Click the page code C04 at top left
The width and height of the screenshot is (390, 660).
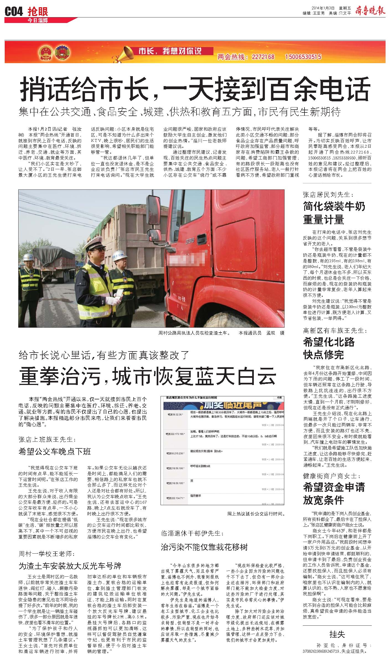(x=14, y=12)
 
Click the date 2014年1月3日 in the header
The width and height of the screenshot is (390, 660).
(x=323, y=8)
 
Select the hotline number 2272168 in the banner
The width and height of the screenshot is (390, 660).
(x=263, y=57)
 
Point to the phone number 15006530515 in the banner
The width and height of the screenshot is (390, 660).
(x=303, y=57)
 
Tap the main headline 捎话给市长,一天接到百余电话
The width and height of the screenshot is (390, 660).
(x=195, y=89)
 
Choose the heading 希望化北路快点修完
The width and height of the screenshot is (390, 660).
(x=329, y=348)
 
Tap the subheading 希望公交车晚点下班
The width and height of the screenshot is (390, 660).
(x=55, y=452)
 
